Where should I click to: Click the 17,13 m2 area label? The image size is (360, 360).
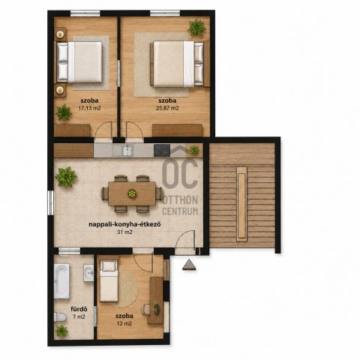point(89,108)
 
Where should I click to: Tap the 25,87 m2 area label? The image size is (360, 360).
point(167,108)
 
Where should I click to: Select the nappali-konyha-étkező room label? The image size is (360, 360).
point(124,224)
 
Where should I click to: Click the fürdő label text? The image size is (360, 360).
point(79,309)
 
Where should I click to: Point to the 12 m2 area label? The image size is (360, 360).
point(124,323)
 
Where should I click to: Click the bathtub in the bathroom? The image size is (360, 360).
point(61,281)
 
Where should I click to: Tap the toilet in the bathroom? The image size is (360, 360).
point(60,317)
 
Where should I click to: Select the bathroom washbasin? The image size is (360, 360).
point(88,273)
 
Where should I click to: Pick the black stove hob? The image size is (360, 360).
point(162,151)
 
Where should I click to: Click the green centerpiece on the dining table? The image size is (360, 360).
point(132,193)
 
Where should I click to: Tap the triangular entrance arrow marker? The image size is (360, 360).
point(189,265)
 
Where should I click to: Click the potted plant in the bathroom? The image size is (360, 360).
point(61,331)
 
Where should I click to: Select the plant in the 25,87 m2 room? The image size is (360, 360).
point(197,28)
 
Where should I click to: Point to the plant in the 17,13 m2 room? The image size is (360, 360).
point(64,112)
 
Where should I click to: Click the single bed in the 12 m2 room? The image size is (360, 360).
point(109,280)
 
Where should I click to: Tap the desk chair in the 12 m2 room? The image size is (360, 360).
point(145,310)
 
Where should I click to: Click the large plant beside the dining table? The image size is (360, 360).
point(66,177)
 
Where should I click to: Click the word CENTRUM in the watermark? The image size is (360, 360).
point(180,211)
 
